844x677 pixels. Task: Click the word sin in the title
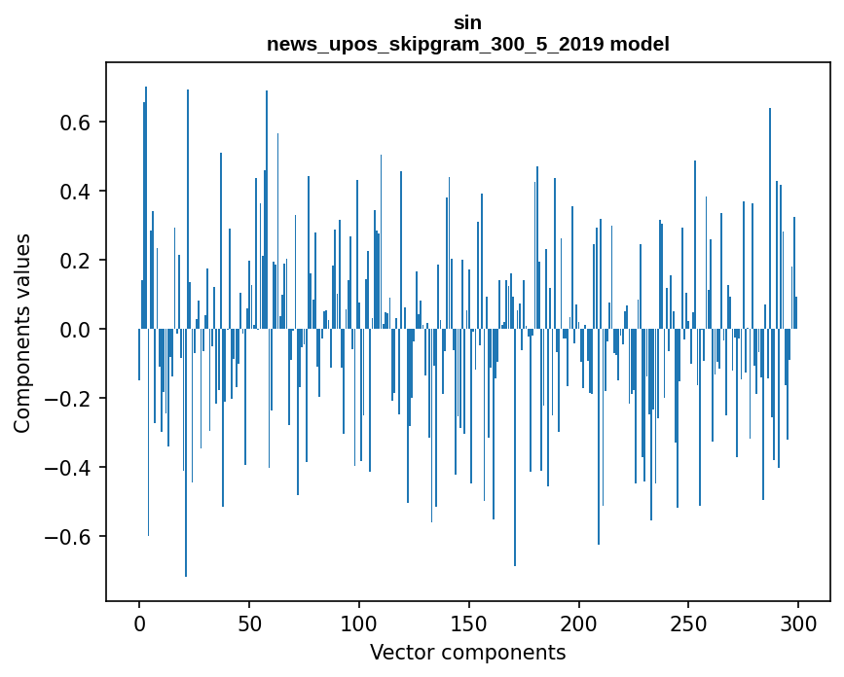tap(467, 22)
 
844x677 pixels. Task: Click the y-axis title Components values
tap(22, 333)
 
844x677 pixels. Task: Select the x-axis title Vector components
tap(467, 652)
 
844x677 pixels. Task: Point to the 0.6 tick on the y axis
tap(78, 123)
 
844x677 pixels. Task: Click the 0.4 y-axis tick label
tap(78, 192)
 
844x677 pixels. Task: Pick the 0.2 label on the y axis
tap(78, 261)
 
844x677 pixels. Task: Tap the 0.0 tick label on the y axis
tap(78, 330)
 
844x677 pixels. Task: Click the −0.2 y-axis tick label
tap(71, 399)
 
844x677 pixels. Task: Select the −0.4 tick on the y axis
tap(71, 468)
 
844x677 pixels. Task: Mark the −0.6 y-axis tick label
tap(71, 537)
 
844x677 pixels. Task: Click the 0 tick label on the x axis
tap(139, 623)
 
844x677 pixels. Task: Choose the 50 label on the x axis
tap(249, 623)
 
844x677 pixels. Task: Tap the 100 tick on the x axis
tap(359, 623)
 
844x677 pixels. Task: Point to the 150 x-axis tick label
tap(469, 623)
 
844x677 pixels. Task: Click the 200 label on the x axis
tap(579, 623)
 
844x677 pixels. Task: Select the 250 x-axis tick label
tap(689, 623)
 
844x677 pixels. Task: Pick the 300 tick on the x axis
tap(799, 623)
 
